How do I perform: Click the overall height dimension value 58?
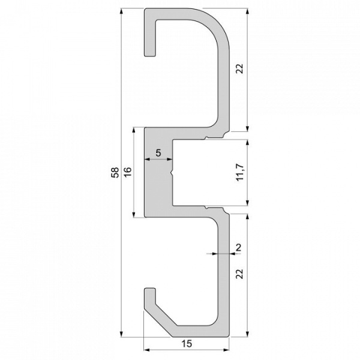[x=113, y=173]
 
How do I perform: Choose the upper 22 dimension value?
[x=240, y=69]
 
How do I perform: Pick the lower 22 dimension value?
[x=240, y=274]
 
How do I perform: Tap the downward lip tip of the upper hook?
[x=149, y=56]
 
